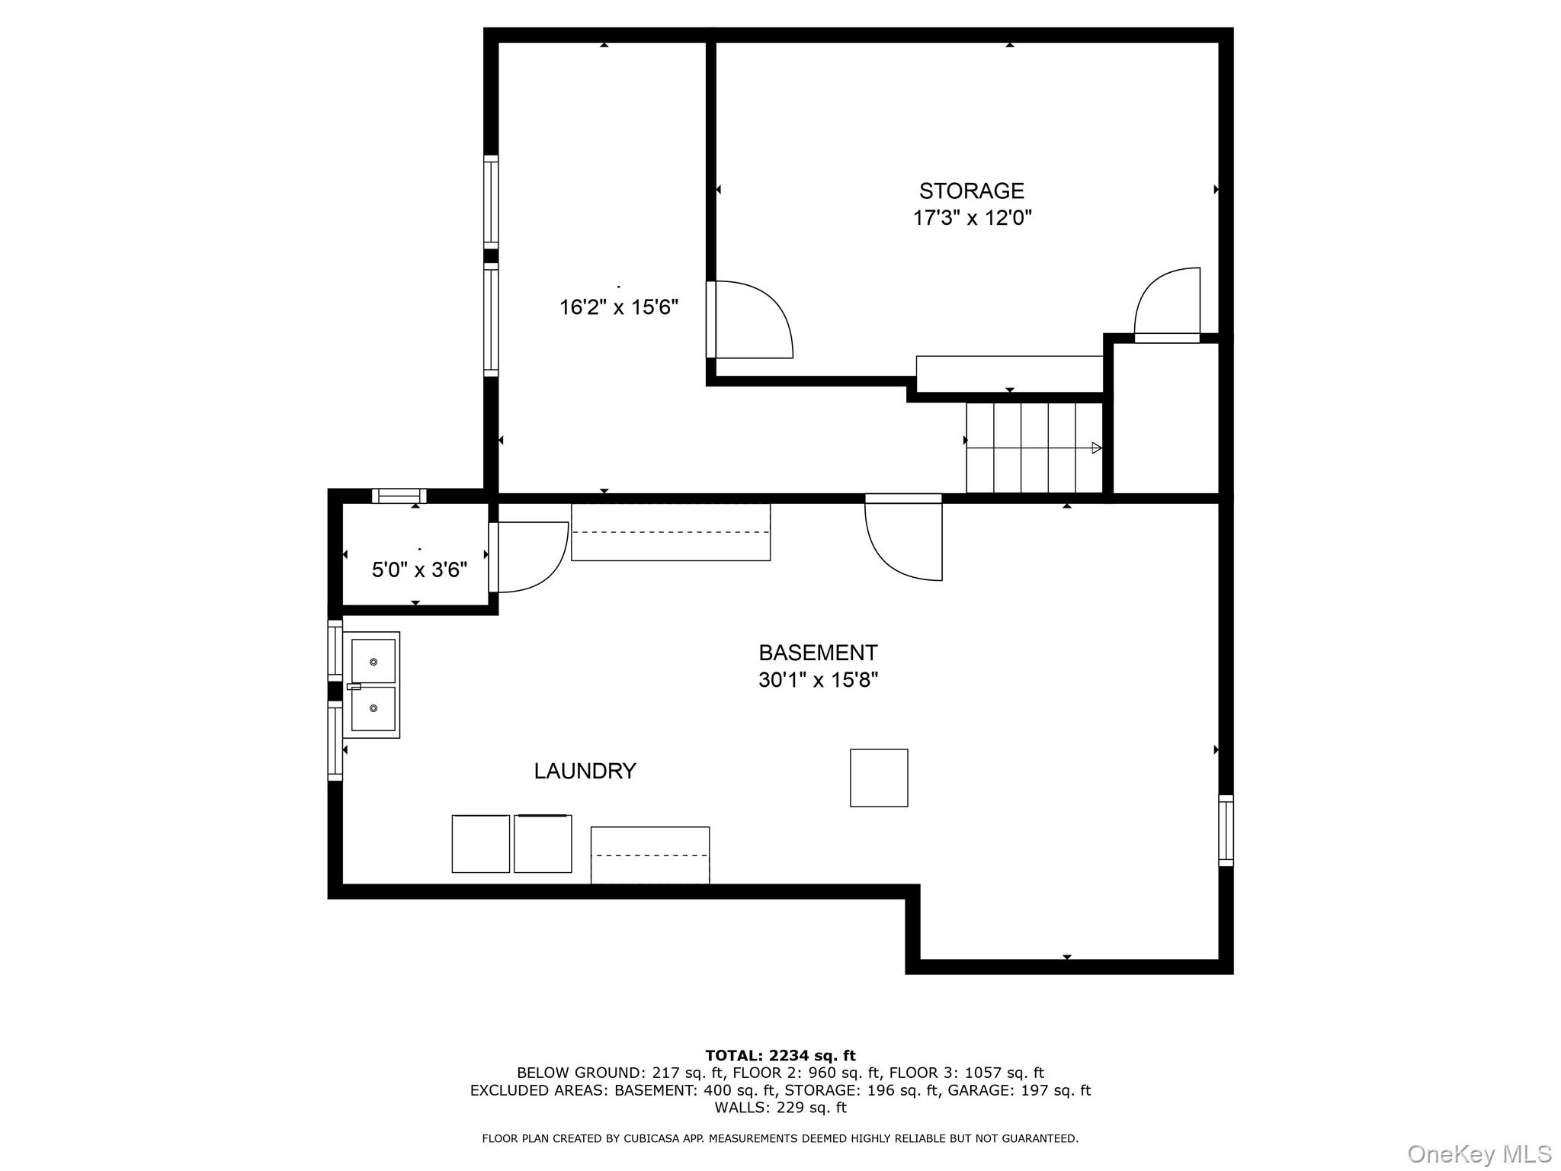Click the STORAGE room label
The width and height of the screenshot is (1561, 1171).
(971, 191)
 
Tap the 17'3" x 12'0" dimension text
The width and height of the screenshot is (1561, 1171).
(973, 218)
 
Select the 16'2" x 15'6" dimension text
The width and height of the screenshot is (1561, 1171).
(619, 307)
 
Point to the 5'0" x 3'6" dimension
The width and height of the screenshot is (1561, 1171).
(419, 569)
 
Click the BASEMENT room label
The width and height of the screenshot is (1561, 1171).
(818, 653)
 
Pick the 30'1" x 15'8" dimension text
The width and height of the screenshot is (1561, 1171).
(818, 679)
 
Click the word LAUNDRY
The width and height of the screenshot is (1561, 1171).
(585, 772)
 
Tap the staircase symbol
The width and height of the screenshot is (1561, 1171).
(1034, 448)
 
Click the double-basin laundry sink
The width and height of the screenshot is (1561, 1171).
(371, 685)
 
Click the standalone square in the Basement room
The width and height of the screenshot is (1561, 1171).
(879, 778)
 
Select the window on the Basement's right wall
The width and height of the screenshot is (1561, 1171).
(1226, 830)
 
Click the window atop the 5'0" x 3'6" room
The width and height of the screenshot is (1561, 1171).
(399, 496)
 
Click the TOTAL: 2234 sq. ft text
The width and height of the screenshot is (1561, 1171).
(780, 1056)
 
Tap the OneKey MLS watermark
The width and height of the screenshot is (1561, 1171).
(1479, 1154)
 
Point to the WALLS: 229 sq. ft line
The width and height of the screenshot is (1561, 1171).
(780, 1108)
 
